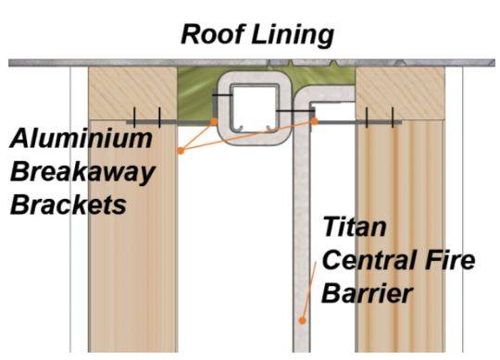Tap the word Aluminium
point(81,140)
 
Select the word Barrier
point(365,293)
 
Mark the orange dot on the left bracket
point(215,120)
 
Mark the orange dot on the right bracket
point(316,120)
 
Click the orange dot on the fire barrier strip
point(302,320)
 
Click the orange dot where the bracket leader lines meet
point(181,149)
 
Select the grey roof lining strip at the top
point(250,62)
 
